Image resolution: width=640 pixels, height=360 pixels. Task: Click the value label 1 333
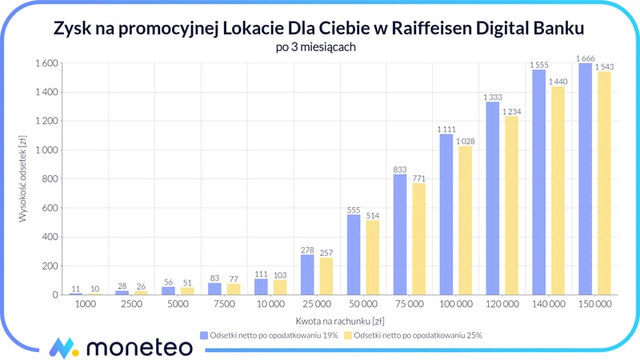(493, 97)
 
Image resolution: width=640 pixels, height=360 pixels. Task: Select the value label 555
(354, 210)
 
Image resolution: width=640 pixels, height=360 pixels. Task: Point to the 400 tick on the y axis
(47, 237)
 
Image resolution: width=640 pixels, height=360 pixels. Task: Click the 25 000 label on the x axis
(318, 306)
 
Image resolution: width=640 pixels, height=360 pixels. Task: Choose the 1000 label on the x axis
(86, 306)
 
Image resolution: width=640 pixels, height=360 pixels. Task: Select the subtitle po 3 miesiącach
(319, 47)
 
